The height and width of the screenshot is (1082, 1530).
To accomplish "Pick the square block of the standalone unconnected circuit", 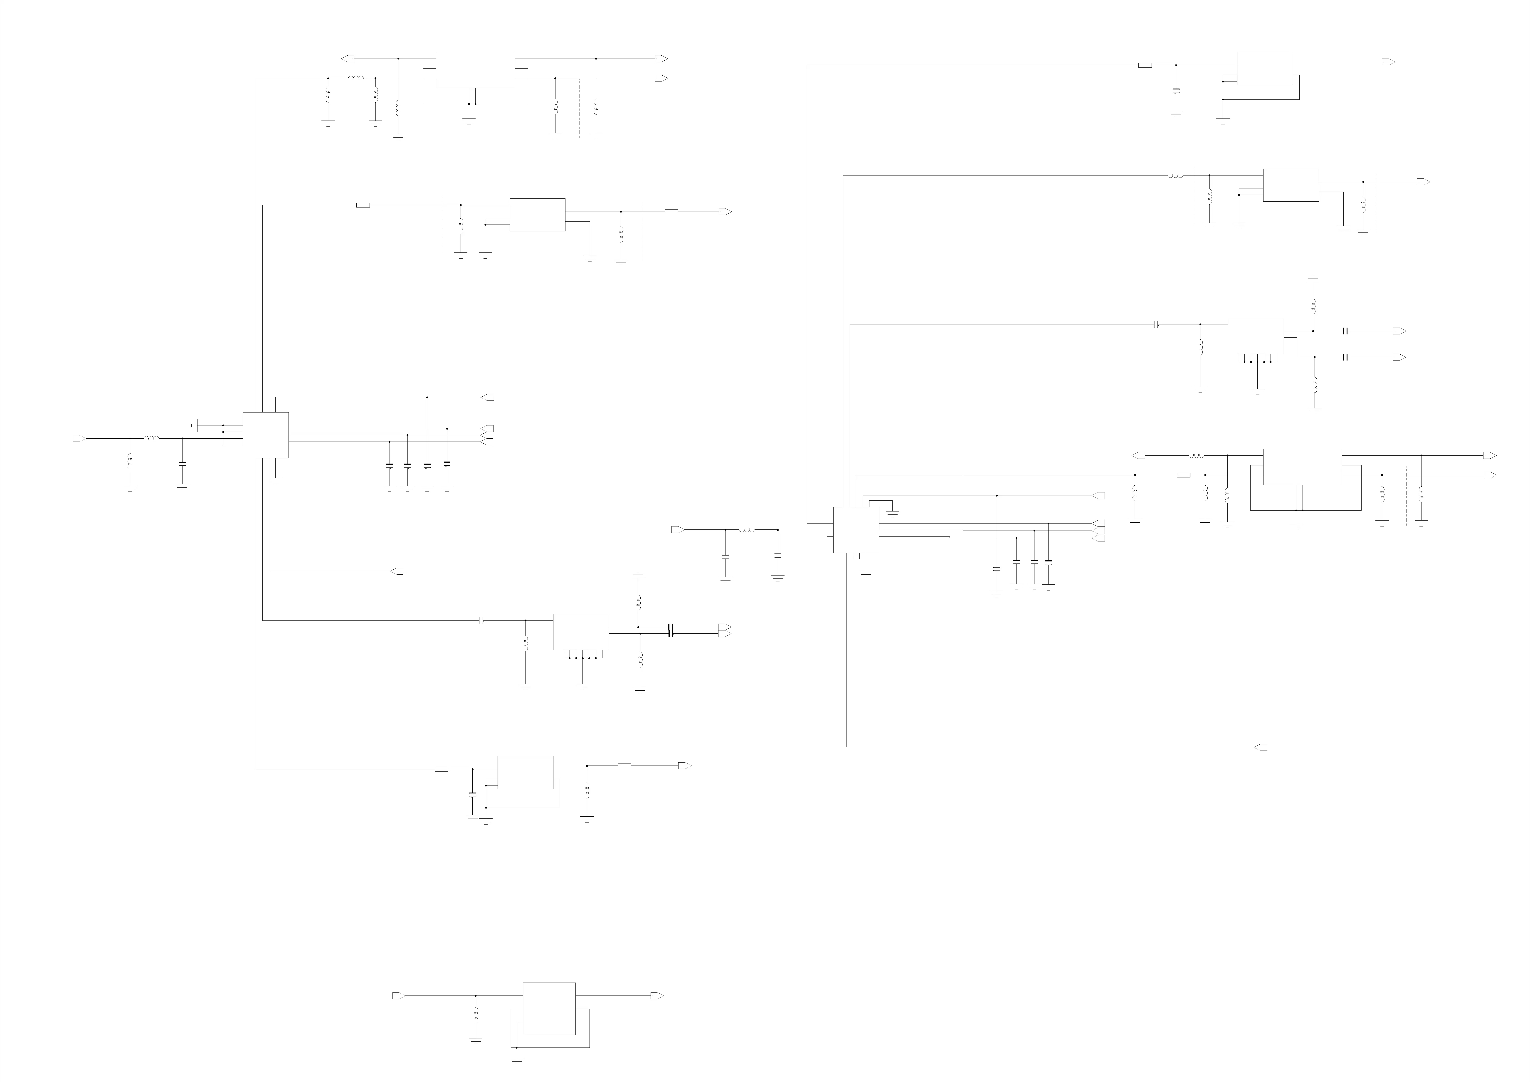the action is (x=549, y=1008).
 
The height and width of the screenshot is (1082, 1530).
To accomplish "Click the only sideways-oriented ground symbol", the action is (x=194, y=425).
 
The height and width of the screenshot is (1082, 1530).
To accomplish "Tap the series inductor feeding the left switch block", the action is (x=151, y=438).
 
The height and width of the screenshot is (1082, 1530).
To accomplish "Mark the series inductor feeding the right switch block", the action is (x=746, y=530).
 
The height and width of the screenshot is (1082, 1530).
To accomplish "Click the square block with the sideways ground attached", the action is (x=265, y=435).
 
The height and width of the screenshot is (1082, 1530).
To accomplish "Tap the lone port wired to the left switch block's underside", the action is (x=397, y=571).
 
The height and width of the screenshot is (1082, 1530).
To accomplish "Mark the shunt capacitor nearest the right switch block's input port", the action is (x=726, y=556).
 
